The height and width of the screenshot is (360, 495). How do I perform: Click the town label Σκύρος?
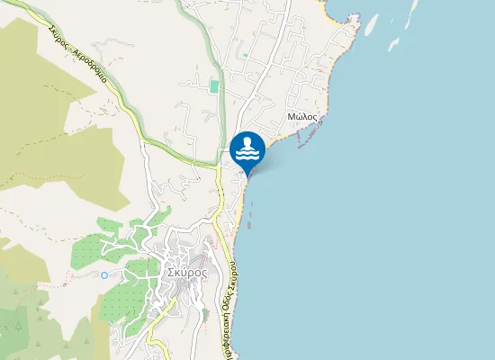coord(186,272)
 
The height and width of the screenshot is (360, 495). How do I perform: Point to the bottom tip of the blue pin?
coord(247,175)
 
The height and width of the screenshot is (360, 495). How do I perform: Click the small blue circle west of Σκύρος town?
coord(104,274)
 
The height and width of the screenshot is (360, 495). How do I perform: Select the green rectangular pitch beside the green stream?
coord(214,86)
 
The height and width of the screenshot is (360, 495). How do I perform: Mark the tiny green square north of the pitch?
coord(243,56)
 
